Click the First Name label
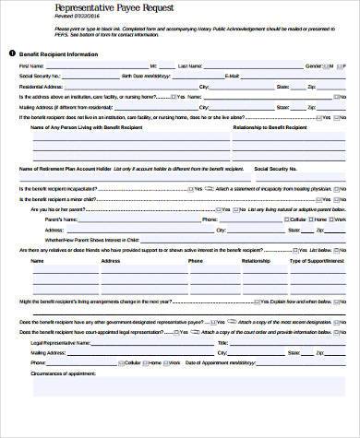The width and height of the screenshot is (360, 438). pos(31,66)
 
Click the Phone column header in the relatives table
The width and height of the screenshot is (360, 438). pos(196,261)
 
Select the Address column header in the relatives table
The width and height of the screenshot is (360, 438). pos(111,261)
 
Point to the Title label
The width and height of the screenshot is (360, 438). pos(222,341)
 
